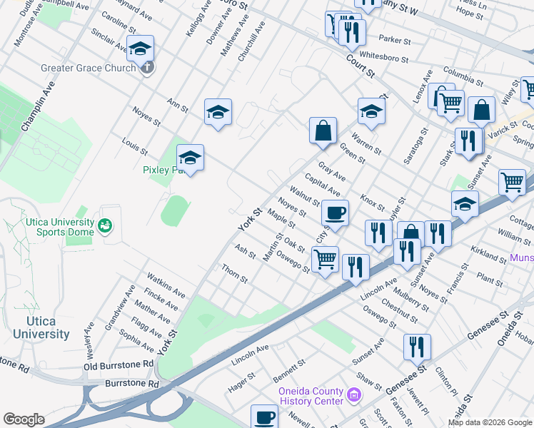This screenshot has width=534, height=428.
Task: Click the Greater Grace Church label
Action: pyautogui.click(x=89, y=68)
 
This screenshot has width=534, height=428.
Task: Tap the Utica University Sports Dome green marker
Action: pyautogui.click(x=106, y=225)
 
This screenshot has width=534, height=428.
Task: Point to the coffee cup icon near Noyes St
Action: pyautogui.click(x=335, y=212)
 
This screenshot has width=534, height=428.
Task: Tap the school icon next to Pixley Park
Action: pyautogui.click(x=190, y=157)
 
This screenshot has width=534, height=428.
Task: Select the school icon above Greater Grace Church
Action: pyautogui.click(x=141, y=48)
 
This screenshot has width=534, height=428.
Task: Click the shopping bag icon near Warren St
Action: pyautogui.click(x=323, y=130)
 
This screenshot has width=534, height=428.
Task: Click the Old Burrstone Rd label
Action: pyautogui.click(x=118, y=365)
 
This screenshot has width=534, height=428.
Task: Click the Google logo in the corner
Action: pyautogui.click(x=23, y=419)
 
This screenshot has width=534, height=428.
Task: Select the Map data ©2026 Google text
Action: pyautogui.click(x=489, y=422)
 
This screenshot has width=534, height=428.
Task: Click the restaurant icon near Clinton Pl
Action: pyautogui.click(x=417, y=347)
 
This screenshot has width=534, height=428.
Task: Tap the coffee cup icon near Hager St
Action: pyautogui.click(x=264, y=416)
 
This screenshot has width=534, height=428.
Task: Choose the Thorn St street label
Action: pyautogui.click(x=234, y=273)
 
